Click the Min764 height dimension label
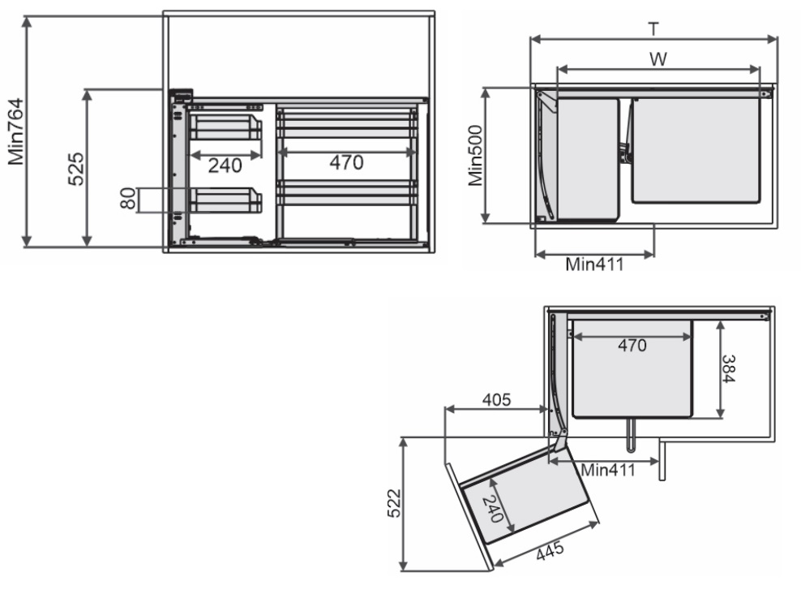click(16, 131)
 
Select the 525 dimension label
click(76, 168)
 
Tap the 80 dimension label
click(128, 199)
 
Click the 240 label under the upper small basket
click(225, 166)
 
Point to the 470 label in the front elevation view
click(346, 162)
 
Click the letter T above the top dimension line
click(653, 29)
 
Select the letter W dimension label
click(658, 59)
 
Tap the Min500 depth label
click(475, 156)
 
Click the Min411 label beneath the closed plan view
click(594, 265)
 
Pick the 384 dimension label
click(729, 368)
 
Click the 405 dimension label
click(496, 399)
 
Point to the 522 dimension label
click(394, 504)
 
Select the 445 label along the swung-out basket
click(550, 550)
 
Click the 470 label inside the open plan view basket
click(632, 346)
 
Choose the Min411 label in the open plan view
click(608, 470)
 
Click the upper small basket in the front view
click(225, 127)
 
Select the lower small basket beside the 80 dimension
click(225, 200)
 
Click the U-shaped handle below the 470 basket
click(632, 436)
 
